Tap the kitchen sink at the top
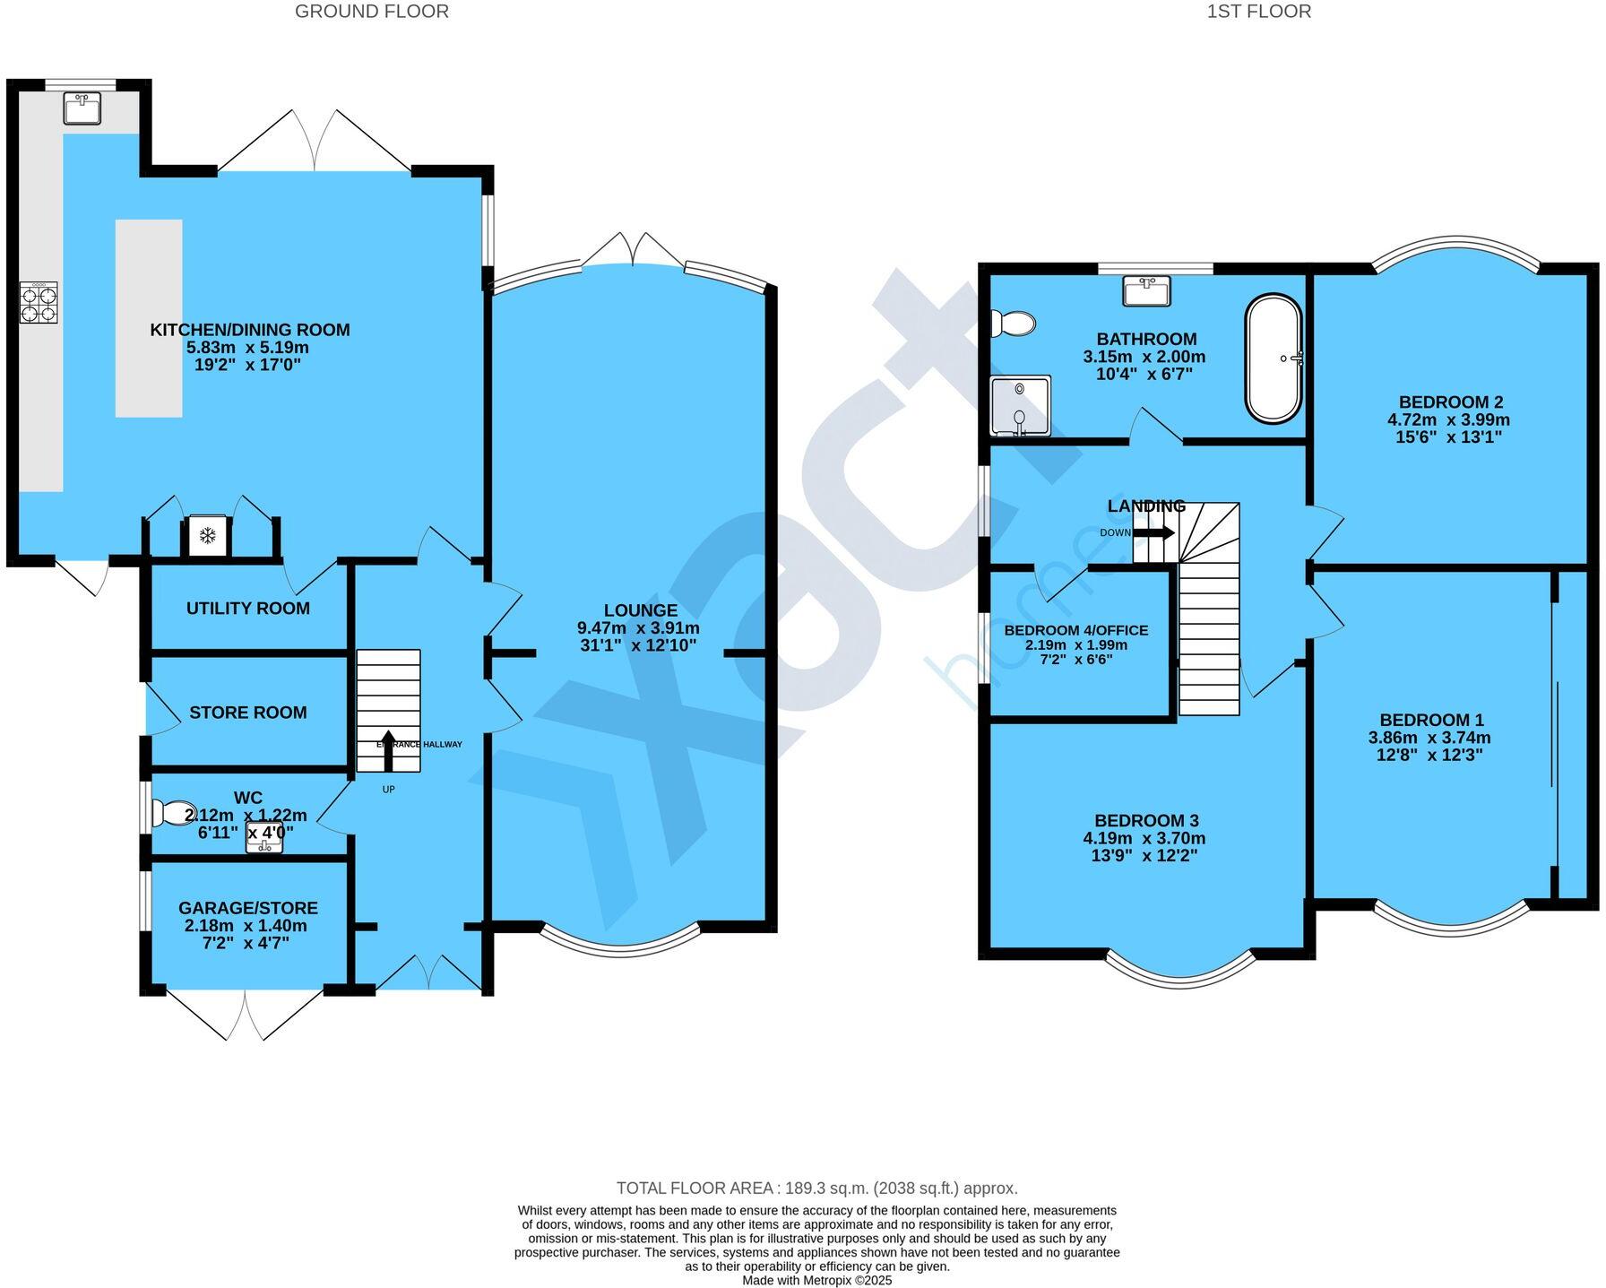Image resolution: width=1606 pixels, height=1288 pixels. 82,109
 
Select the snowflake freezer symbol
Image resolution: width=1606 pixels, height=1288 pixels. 208,536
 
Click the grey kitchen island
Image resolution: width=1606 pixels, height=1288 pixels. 149,318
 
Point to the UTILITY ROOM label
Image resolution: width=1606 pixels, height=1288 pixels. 248,609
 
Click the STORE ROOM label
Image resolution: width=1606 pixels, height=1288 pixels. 248,713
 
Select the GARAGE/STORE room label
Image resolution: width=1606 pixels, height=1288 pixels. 248,908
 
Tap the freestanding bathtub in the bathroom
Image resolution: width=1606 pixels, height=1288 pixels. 1274,359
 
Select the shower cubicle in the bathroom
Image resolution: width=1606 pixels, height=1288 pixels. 1020,405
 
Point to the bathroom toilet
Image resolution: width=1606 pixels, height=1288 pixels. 1013,324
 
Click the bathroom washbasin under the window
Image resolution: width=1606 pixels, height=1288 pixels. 1146,290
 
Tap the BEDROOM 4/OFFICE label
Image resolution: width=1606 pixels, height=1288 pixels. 1075,631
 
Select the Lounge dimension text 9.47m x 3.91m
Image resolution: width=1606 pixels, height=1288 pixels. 639,628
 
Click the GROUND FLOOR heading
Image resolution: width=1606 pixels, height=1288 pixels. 372,12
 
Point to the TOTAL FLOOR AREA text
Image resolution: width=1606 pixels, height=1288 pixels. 816,1189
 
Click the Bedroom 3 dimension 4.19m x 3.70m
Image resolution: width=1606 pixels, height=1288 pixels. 1146,839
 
